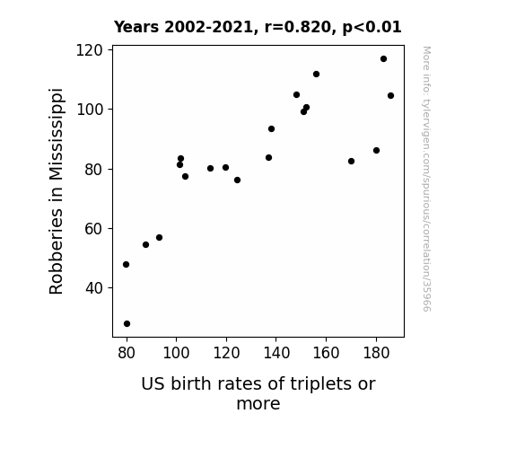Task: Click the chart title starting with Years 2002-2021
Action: [258, 27]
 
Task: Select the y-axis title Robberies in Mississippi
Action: [56, 191]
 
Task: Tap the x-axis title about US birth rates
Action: [258, 393]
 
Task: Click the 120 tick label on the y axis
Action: [90, 50]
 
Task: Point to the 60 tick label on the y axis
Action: [94, 229]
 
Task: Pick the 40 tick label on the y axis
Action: [94, 288]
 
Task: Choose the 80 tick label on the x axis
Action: [127, 353]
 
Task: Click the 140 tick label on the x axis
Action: [276, 353]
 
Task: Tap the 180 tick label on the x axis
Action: [376, 353]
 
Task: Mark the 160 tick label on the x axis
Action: [326, 353]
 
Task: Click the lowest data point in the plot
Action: [127, 324]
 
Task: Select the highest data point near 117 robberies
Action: [383, 59]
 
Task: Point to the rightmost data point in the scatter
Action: [390, 96]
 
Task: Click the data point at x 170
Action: [351, 161]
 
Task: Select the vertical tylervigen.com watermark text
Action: [426, 179]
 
